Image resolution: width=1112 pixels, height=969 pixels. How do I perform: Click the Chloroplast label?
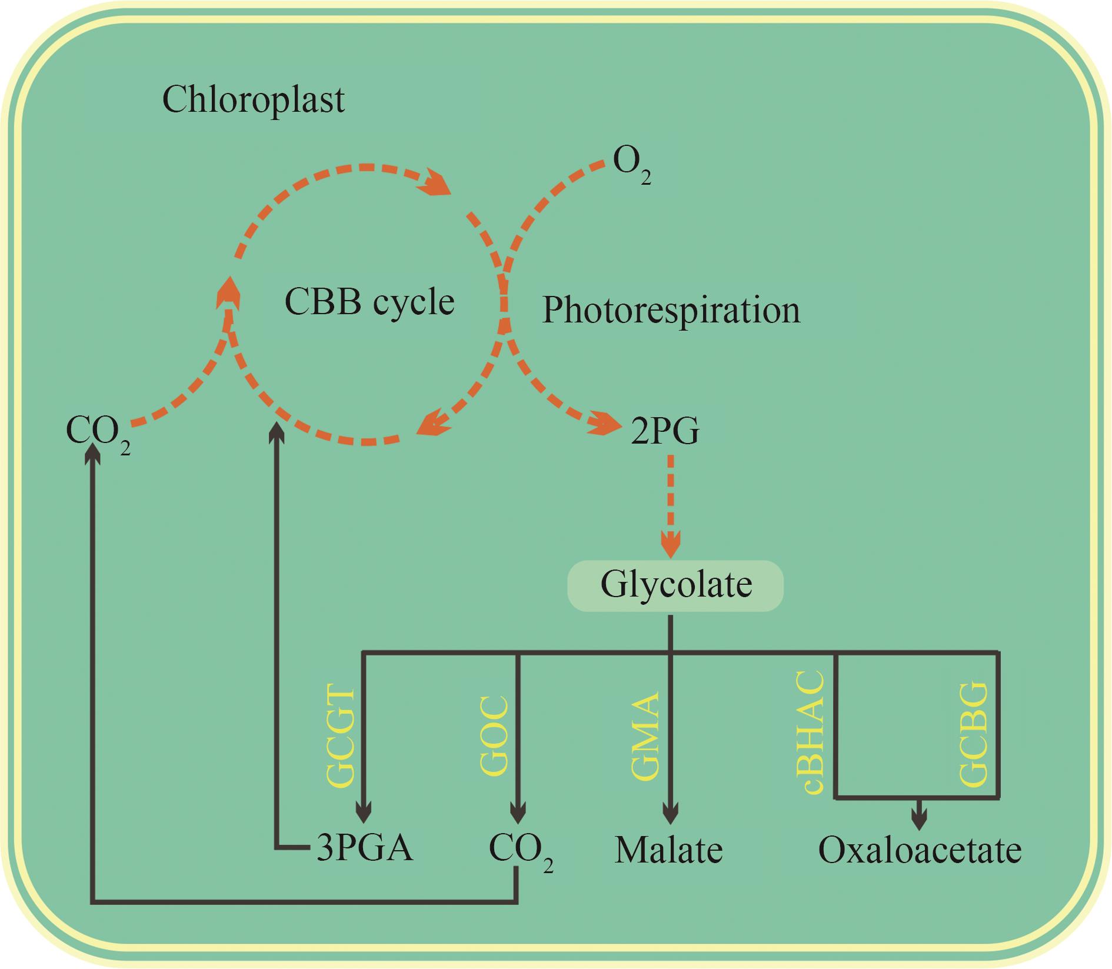pyautogui.click(x=253, y=101)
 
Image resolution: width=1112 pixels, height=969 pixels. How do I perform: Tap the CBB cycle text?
pyautogui.click(x=369, y=302)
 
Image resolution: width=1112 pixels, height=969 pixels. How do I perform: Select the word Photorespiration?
pyautogui.click(x=671, y=310)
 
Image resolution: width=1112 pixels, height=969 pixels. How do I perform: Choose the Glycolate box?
pyautogui.click(x=675, y=585)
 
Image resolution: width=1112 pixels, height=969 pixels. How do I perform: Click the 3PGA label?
pyautogui.click(x=365, y=849)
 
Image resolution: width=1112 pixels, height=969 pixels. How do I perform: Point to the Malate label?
pyautogui.click(x=669, y=851)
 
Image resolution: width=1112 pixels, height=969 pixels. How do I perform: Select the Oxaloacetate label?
pyautogui.click(x=920, y=850)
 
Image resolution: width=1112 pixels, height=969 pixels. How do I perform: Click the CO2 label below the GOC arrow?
pyautogui.click(x=521, y=851)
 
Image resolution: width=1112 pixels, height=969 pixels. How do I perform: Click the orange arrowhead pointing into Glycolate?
pyautogui.click(x=671, y=544)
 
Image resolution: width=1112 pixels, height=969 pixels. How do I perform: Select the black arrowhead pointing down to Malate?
pyautogui.click(x=671, y=814)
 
